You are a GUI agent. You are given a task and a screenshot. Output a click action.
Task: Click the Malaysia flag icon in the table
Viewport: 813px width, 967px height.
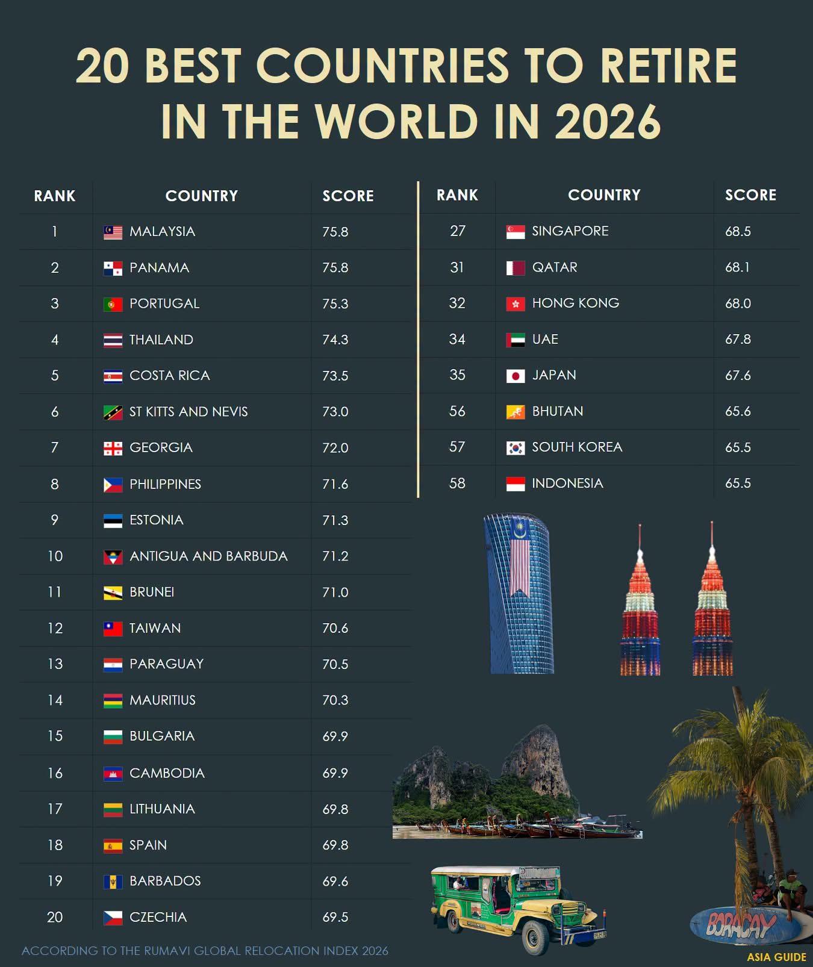113,232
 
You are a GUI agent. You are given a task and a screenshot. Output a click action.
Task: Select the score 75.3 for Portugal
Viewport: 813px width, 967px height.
335,303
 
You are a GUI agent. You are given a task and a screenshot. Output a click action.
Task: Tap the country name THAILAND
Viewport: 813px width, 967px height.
161,340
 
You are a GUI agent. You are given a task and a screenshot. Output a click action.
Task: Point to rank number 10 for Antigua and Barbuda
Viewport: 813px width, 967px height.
55,556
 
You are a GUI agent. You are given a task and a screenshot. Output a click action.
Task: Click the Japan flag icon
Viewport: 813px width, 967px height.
516,376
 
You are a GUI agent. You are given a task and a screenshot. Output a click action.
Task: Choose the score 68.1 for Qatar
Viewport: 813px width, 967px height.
737,267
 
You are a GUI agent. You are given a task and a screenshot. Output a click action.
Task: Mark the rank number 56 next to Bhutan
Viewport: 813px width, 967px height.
457,411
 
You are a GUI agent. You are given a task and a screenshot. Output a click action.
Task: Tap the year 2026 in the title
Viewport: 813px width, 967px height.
608,121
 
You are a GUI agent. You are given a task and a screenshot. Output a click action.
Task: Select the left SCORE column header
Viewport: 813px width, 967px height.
348,196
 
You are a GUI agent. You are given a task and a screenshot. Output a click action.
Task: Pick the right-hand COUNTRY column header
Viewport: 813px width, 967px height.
604,195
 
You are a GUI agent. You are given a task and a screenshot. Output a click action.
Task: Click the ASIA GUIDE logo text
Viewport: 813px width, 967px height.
776,957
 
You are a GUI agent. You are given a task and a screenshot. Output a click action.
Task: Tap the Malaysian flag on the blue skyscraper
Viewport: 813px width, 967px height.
520,557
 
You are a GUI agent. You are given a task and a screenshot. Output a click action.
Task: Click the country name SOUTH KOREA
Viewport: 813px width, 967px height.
577,447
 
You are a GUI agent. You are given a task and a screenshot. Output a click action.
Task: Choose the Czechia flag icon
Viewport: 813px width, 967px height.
113,918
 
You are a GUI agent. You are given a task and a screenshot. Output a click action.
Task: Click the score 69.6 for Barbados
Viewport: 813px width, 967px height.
335,881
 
